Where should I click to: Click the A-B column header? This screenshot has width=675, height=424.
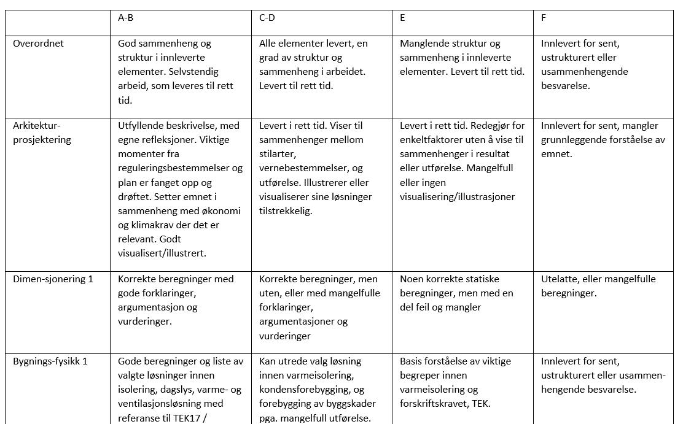click(125, 18)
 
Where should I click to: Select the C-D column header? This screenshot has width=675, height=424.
click(267, 18)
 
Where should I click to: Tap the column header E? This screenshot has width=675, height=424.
click(402, 18)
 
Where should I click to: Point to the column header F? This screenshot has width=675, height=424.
click(544, 18)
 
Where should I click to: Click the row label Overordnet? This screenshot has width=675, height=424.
click(38, 44)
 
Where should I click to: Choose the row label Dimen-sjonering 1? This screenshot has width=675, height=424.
click(53, 279)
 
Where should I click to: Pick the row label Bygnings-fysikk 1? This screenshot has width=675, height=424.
click(50, 361)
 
